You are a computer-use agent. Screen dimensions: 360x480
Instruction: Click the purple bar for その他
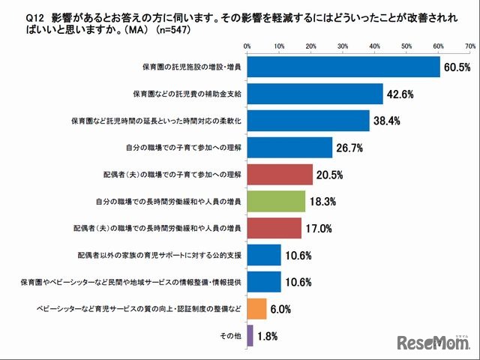pos(250,335)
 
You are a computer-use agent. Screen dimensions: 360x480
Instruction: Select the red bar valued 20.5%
pos(280,174)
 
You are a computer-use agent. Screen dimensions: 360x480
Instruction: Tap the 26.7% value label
pos(350,148)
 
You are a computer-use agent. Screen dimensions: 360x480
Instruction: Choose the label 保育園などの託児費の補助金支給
pos(187,94)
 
